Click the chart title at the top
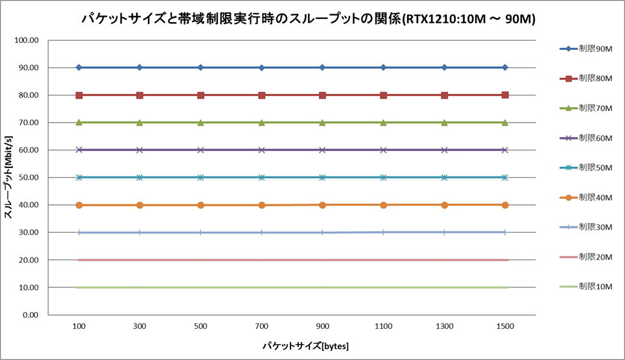pyautogui.click(x=308, y=19)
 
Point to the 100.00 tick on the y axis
pyautogui.click(x=27, y=40)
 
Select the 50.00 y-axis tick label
pyautogui.click(x=29, y=178)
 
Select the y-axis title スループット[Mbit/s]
pyautogui.click(x=8, y=177)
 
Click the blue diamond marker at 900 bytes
pyautogui.click(x=322, y=67)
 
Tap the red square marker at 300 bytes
pyautogui.click(x=139, y=95)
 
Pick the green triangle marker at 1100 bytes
pyautogui.click(x=383, y=123)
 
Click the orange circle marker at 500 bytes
pyautogui.click(x=200, y=205)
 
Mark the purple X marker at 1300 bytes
pyautogui.click(x=444, y=150)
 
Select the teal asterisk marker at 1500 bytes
pyautogui.click(x=505, y=177)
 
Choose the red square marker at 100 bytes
pyautogui.click(x=79, y=95)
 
